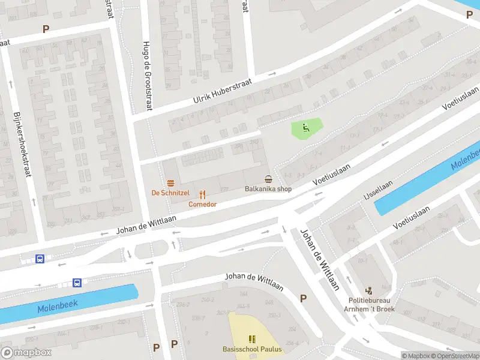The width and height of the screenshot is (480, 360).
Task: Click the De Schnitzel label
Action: pos(170,193)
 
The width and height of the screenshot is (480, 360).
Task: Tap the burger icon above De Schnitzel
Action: pos(171,183)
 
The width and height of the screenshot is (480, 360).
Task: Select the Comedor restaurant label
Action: pos(202,204)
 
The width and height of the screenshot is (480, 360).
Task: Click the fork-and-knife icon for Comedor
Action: pos(203,194)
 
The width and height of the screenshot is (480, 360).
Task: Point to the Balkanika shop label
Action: pos(268,189)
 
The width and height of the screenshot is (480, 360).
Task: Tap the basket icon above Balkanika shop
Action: pos(268,179)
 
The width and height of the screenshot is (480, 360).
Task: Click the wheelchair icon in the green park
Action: pos(305,127)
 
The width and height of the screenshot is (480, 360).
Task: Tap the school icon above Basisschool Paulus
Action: pos(251,339)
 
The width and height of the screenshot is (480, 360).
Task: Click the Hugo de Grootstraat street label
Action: pos(147,75)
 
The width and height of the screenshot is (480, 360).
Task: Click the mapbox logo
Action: pos(26,353)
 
